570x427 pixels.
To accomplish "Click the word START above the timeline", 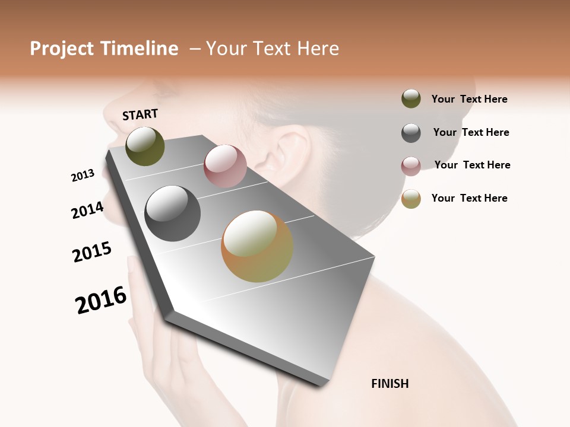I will coord(140,114).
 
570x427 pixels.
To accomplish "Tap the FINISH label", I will coord(390,384).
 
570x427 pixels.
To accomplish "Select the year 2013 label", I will coord(83,176).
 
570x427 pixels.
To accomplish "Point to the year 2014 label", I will coord(87,210).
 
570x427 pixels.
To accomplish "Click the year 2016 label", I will coord(101,300).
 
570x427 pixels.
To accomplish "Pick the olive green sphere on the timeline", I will coord(145,146).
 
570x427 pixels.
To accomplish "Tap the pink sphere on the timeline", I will coord(225,166).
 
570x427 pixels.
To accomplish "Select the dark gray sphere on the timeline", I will coord(172,213).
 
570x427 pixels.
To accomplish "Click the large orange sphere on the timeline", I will coord(257,246).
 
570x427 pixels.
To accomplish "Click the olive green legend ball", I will coord(411,99).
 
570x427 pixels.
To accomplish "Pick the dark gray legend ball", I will coord(411,133).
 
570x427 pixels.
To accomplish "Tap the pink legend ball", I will coord(411,166).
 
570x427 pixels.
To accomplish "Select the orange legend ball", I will coord(411,199).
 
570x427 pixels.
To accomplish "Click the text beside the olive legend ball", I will coord(469,100).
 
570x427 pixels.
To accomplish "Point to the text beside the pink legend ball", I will coord(472,165).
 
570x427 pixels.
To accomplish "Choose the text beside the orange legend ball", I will coord(469,198).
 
